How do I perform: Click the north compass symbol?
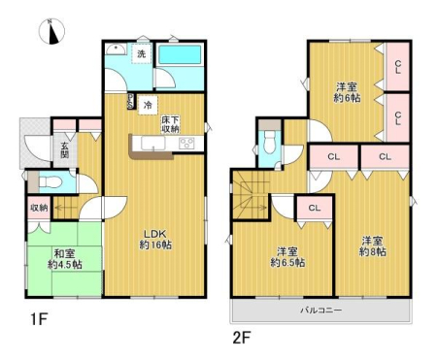(x=51, y=31)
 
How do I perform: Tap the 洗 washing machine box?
(x=142, y=53)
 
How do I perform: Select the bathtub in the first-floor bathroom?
(x=180, y=54)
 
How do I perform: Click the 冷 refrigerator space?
(x=148, y=105)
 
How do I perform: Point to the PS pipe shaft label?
(x=131, y=101)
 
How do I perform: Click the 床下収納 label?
(x=170, y=124)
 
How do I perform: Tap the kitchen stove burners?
(x=186, y=143)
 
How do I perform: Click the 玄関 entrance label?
(x=65, y=149)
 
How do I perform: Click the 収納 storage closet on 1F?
(x=39, y=208)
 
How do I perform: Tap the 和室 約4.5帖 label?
(x=65, y=259)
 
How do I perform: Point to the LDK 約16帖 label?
(x=155, y=240)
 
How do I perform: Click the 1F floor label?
(x=39, y=319)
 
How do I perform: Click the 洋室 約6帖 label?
(x=347, y=92)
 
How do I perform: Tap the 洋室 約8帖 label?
(x=373, y=246)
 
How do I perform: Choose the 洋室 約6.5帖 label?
(x=287, y=257)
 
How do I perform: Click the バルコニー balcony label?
(x=321, y=311)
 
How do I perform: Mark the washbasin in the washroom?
(x=116, y=49)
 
